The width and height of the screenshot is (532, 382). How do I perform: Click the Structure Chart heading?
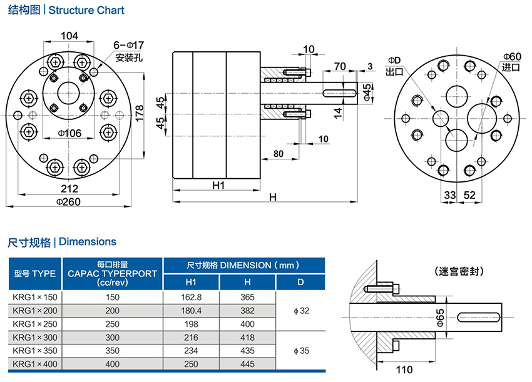click(x=66, y=11)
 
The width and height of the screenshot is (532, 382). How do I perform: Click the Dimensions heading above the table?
click(x=62, y=241)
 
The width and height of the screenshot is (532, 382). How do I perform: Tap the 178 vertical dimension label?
click(x=140, y=113)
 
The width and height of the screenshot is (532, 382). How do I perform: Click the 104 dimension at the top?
click(x=70, y=36)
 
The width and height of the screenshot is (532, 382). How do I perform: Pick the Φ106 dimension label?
click(x=70, y=133)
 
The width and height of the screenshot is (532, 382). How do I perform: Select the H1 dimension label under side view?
click(x=218, y=185)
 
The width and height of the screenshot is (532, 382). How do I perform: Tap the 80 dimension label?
click(x=278, y=153)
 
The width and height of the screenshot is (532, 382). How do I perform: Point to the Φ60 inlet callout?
click(x=511, y=57)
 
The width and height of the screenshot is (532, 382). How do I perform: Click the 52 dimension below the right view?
click(x=469, y=195)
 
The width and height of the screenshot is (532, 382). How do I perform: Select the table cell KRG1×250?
click(x=35, y=324)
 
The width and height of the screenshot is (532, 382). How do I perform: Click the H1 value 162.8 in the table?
click(x=191, y=298)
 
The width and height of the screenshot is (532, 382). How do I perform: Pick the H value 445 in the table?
click(x=247, y=364)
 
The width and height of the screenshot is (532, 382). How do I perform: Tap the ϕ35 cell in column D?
click(x=300, y=351)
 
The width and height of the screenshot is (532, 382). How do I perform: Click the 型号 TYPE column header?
click(x=35, y=273)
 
